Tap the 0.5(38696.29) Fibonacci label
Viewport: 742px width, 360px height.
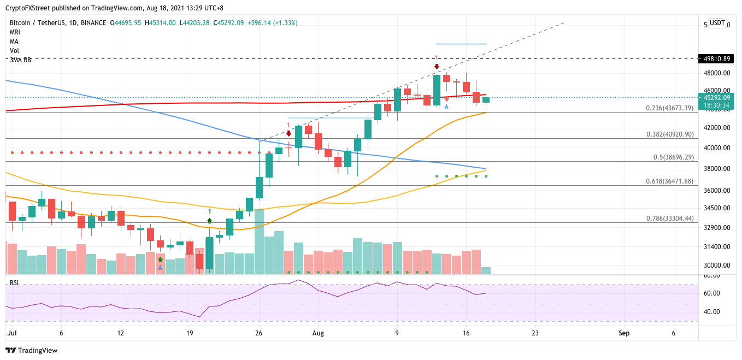click(670, 157)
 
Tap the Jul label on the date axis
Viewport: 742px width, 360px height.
click(12, 333)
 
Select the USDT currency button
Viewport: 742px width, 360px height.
click(717, 23)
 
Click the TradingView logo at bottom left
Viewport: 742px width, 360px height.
click(31, 350)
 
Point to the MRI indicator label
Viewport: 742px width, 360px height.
click(15, 32)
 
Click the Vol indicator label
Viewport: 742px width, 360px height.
click(14, 51)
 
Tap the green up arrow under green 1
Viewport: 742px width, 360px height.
click(209, 221)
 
